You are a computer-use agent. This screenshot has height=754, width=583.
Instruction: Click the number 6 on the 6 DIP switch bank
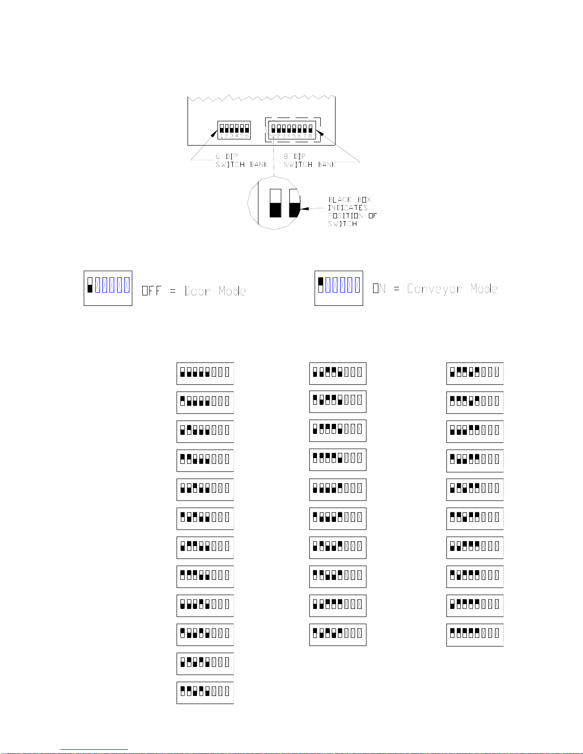point(247,136)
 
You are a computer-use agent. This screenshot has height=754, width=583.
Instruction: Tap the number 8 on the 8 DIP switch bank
point(310,136)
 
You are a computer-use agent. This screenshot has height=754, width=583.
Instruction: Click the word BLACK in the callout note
point(340,200)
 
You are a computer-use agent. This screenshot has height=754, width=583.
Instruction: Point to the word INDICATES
point(347,208)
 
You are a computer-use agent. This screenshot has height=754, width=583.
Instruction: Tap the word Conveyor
point(435,289)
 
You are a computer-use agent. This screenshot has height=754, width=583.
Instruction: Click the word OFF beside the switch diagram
point(151,291)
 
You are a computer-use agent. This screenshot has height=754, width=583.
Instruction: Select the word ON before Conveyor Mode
point(379,289)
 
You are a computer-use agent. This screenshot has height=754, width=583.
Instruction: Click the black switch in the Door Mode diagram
point(90,288)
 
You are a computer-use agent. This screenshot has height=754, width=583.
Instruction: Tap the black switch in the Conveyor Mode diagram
point(321,281)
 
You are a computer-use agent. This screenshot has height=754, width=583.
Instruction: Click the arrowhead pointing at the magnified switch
point(305,208)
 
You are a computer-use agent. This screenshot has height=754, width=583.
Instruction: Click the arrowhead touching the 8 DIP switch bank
point(319,133)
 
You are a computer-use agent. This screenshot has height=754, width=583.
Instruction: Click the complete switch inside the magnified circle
point(275,203)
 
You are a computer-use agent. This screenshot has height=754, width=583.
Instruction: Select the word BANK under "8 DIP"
point(327,165)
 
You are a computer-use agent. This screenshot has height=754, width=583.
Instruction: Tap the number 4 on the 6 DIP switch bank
point(237,136)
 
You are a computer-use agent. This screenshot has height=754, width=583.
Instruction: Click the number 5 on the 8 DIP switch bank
point(294,136)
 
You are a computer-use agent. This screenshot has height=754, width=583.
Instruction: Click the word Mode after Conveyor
point(484,289)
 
